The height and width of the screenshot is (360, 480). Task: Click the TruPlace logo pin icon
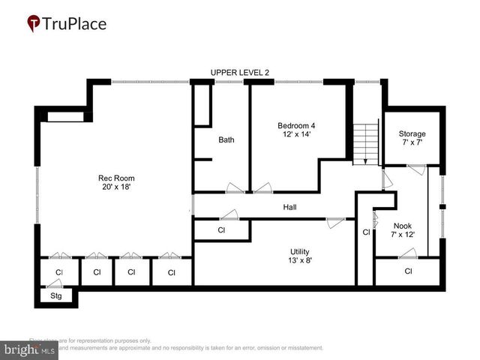(x=34, y=23)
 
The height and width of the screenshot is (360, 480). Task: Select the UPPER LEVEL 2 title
(x=239, y=72)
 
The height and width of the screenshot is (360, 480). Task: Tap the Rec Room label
(x=116, y=178)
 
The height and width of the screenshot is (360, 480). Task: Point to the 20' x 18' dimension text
(x=116, y=187)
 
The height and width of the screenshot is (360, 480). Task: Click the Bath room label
(x=226, y=139)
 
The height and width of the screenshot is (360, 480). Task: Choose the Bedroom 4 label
(x=296, y=125)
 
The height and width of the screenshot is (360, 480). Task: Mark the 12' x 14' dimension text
(x=296, y=134)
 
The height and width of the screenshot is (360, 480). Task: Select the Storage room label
(x=412, y=134)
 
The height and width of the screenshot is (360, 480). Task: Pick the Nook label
(x=403, y=226)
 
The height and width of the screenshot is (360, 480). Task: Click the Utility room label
(x=300, y=252)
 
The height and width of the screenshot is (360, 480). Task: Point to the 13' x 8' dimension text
(x=300, y=261)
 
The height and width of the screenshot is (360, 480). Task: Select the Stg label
(x=55, y=296)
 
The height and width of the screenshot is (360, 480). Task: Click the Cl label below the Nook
(x=408, y=271)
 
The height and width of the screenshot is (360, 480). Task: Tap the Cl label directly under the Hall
(x=221, y=230)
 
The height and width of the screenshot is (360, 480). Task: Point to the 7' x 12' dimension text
(x=403, y=235)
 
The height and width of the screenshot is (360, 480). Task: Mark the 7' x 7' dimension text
(x=412, y=143)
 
